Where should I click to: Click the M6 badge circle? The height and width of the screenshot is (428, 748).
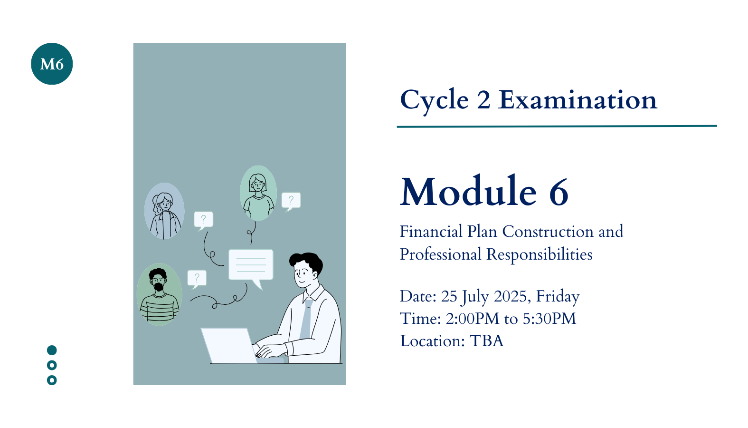pos(52,64)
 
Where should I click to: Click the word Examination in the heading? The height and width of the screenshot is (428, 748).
pos(578,100)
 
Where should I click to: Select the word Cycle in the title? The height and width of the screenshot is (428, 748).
pos(435,101)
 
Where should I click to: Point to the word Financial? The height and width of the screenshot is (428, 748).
pos(431,231)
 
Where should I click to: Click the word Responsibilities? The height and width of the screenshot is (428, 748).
pos(540,254)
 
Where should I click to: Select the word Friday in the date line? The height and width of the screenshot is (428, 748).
pos(558,297)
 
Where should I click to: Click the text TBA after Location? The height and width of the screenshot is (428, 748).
pos(486,341)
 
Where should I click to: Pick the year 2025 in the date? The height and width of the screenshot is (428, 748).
pos(510,296)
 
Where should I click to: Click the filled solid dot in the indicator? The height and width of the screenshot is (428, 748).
pos(52,350)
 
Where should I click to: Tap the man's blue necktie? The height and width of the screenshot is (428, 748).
pos(306,319)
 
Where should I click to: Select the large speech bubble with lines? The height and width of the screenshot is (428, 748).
pos(251,266)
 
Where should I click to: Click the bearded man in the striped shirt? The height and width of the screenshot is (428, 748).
pos(159,294)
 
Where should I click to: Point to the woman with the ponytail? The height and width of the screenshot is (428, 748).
pos(164,211)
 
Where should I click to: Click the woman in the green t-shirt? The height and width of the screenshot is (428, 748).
pos(258,193)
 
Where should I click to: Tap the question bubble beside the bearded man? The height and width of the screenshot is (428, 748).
pos(197,279)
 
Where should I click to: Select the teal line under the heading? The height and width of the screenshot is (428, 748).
pos(557,126)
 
